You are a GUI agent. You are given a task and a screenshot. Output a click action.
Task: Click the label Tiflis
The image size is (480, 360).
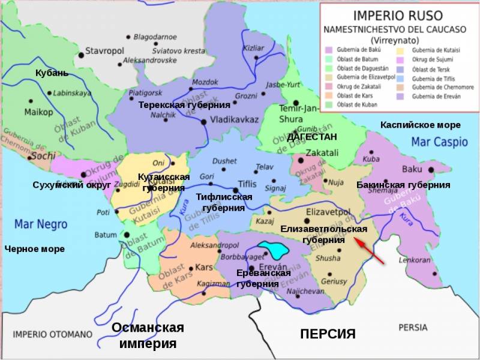coord(250,184)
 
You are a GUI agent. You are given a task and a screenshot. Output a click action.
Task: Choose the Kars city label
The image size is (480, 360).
coord(205,268)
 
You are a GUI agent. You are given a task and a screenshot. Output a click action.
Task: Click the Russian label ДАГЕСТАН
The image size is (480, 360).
coord(311,137)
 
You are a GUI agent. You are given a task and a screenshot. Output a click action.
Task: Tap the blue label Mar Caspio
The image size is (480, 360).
coord(439,142)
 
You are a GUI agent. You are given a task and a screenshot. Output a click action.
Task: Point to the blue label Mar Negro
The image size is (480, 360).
coord(40,224)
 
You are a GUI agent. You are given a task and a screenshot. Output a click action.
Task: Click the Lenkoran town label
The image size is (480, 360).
coord(414,260)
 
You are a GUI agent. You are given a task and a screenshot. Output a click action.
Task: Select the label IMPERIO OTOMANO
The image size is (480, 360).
coord(53,334)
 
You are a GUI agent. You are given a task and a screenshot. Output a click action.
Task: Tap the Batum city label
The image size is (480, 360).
coord(106,235)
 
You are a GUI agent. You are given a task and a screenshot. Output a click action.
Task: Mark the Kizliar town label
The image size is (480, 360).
coord(253,47)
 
